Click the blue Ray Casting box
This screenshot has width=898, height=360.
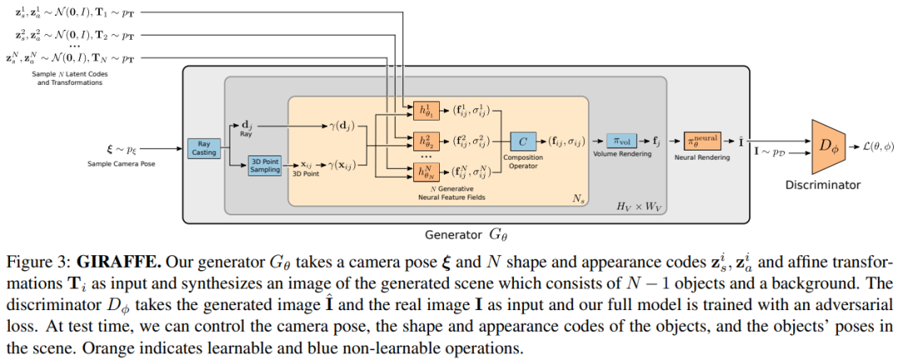tap(204, 148)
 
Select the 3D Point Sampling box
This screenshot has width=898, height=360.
tap(264, 166)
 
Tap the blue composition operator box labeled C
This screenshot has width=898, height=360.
tap(523, 140)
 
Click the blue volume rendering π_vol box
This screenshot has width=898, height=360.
tap(621, 140)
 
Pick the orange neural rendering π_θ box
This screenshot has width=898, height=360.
tap(702, 140)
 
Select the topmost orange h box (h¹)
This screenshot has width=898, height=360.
tap(428, 111)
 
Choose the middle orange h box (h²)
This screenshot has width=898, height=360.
tap(428, 141)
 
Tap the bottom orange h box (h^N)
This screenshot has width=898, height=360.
tap(428, 172)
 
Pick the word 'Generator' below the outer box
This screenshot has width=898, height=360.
tap(454, 234)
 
